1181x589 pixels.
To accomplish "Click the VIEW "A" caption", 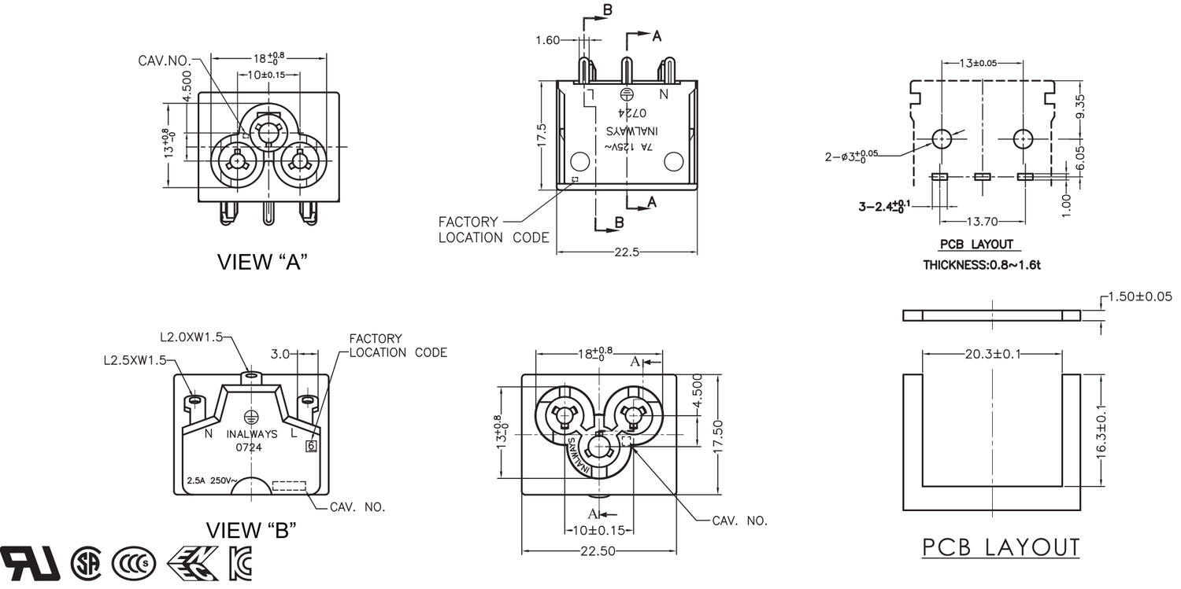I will click(261, 262).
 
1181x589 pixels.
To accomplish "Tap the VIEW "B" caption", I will click(250, 530).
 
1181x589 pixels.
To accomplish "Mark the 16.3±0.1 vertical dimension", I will click(1101, 429).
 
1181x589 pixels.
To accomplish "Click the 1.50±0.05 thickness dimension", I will click(1139, 296).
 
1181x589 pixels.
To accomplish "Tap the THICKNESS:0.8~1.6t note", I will click(981, 265).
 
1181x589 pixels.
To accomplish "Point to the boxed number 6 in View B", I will click(311, 446).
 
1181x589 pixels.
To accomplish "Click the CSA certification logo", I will click(86, 563).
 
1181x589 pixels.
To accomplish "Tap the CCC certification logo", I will click(134, 563).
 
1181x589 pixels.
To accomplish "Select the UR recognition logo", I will click(30, 562).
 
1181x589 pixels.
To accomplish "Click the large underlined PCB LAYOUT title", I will click(1001, 547).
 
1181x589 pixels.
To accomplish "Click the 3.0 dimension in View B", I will click(281, 355).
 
